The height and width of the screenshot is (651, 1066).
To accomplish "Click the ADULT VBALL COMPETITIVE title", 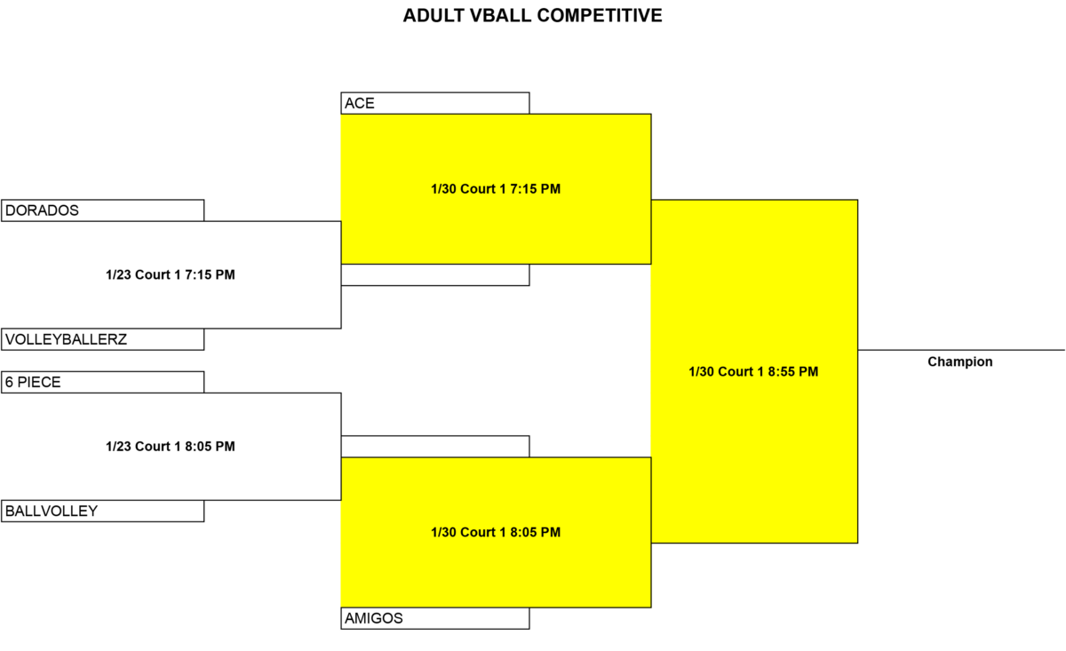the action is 532,16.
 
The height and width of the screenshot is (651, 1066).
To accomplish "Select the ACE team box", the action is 435,103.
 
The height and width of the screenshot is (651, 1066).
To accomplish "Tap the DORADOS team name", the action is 42,210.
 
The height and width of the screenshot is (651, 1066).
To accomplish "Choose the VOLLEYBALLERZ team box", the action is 103,339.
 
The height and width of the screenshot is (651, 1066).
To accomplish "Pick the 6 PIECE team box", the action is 103,382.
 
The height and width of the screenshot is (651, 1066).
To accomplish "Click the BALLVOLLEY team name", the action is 52,511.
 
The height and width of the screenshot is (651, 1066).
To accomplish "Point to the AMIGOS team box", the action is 435,618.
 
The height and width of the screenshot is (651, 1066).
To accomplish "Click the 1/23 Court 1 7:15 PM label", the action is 171,274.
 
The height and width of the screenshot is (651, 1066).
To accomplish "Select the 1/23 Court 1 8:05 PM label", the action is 171,447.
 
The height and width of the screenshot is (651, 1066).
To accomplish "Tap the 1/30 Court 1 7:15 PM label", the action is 496,189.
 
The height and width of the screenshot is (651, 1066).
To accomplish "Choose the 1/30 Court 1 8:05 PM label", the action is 496,532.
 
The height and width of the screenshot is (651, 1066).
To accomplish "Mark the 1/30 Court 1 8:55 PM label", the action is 753,371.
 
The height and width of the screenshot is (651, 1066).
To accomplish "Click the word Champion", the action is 960,361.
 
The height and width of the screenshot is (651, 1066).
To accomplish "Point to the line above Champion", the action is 961,350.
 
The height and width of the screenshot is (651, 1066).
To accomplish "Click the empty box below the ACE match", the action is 435,275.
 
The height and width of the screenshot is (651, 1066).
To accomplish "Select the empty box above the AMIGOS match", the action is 435,447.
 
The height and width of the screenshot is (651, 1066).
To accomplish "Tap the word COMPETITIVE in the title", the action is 600,16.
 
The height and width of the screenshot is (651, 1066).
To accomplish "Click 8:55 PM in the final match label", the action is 793,371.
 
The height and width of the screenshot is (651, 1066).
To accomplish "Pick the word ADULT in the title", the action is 434,16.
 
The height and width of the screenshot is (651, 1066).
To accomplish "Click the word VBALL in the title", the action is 501,16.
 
